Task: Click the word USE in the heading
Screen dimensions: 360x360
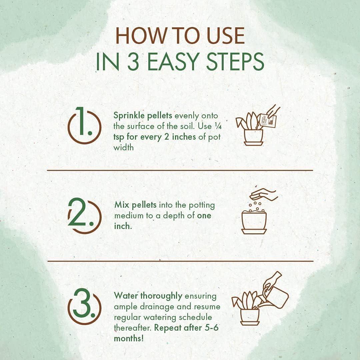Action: pos(226,36)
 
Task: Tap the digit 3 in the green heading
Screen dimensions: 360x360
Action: pos(133,62)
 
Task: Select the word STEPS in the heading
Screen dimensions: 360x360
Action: pos(235,62)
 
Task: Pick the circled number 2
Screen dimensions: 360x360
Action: pos(84,216)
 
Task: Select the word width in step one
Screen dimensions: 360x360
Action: pos(124,147)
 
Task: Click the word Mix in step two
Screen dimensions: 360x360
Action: pos(122,205)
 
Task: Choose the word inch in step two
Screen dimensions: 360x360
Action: pos(122,226)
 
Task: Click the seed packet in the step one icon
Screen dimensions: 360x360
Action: pos(268,120)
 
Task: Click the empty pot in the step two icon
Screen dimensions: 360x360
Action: pos(254,222)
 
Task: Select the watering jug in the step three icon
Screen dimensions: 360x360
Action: pos(276,295)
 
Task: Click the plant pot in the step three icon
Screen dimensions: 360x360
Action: pos(250,317)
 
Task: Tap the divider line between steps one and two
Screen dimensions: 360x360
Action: pos(180,170)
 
